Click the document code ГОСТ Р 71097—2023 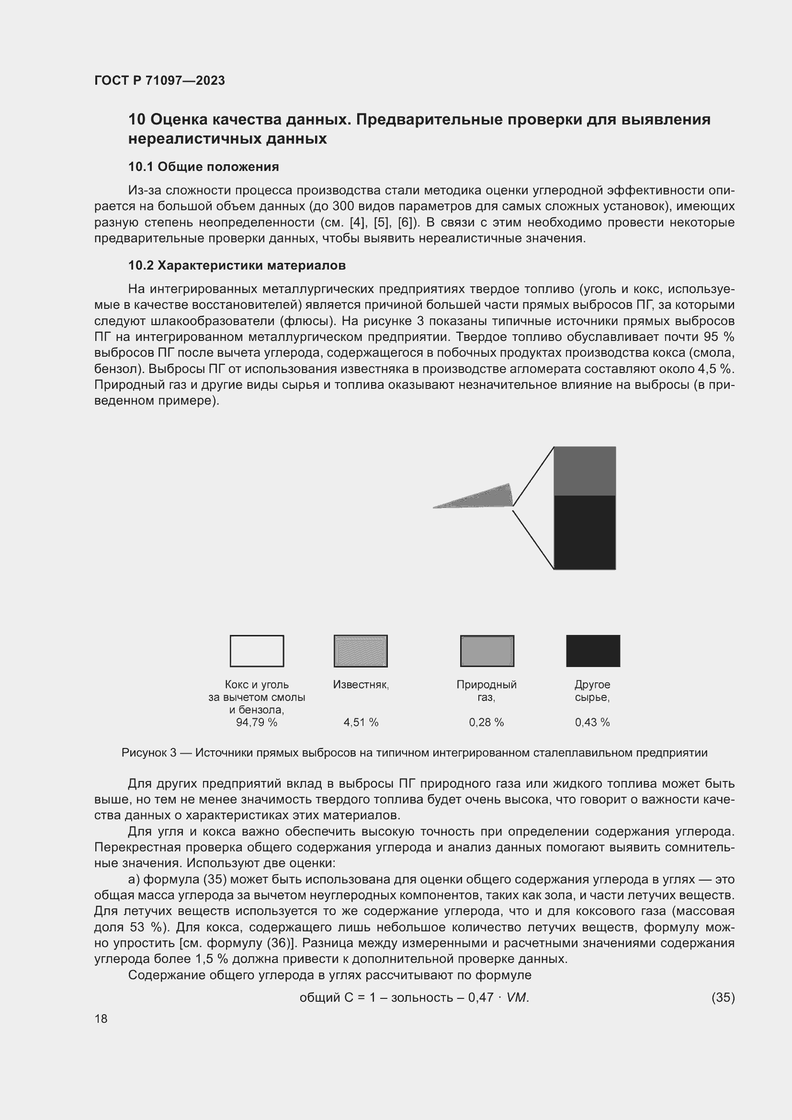click(159, 80)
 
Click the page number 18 click(101, 1018)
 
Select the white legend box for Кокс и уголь click(257, 651)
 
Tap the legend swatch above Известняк click(361, 651)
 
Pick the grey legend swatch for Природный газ click(487, 651)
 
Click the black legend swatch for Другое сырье click(592, 651)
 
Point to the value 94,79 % click(257, 723)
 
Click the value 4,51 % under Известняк click(361, 723)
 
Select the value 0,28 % click(486, 723)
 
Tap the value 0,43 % click(592, 723)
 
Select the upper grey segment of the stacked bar click(584, 471)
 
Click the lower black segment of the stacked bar click(584, 532)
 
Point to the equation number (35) click(723, 997)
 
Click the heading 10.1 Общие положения click(204, 167)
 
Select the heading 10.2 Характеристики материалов click(237, 265)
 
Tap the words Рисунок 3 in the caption click(149, 753)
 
